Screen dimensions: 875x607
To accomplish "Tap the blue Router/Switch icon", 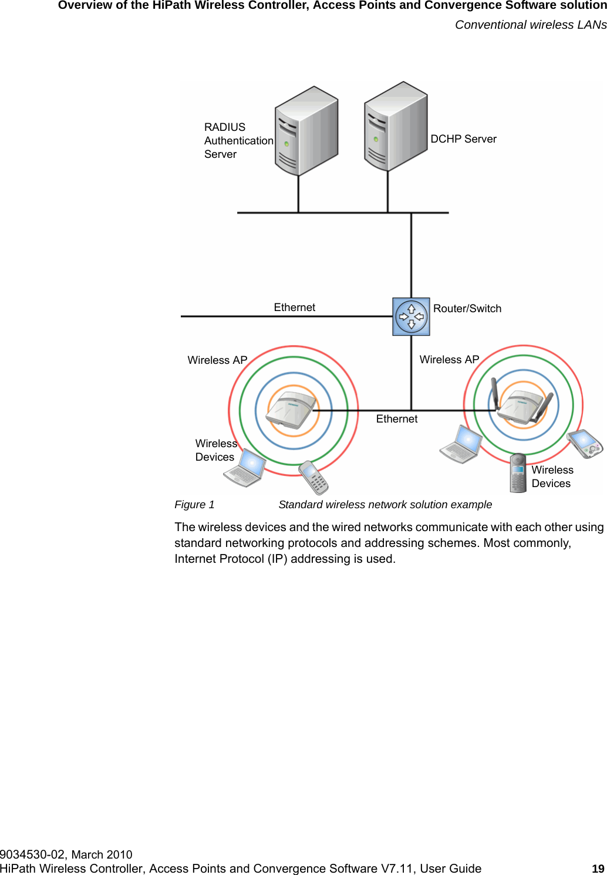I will point(411,317).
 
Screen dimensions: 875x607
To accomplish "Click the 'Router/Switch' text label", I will point(467,309).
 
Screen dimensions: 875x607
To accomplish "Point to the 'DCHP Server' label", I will point(463,139).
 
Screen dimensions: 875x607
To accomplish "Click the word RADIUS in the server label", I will point(225,127).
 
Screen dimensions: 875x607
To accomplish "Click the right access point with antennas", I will point(522,404).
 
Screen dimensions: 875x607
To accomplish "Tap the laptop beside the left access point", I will point(245,469).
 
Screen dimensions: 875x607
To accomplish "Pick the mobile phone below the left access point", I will point(313,477).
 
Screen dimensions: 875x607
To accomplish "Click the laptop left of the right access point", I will point(461,445).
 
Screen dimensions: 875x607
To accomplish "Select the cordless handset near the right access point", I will point(518,473).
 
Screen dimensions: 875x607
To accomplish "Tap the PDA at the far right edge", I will point(585,444).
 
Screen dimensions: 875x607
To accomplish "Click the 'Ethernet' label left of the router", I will point(294,308).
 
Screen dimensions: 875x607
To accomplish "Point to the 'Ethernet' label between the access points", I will point(397,419).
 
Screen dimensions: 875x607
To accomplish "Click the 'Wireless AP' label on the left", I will point(217,360).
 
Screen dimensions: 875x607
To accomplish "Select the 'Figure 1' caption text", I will point(194,505).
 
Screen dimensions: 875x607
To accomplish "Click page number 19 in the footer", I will point(598,869).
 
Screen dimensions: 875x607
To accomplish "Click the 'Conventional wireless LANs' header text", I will point(531,25).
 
